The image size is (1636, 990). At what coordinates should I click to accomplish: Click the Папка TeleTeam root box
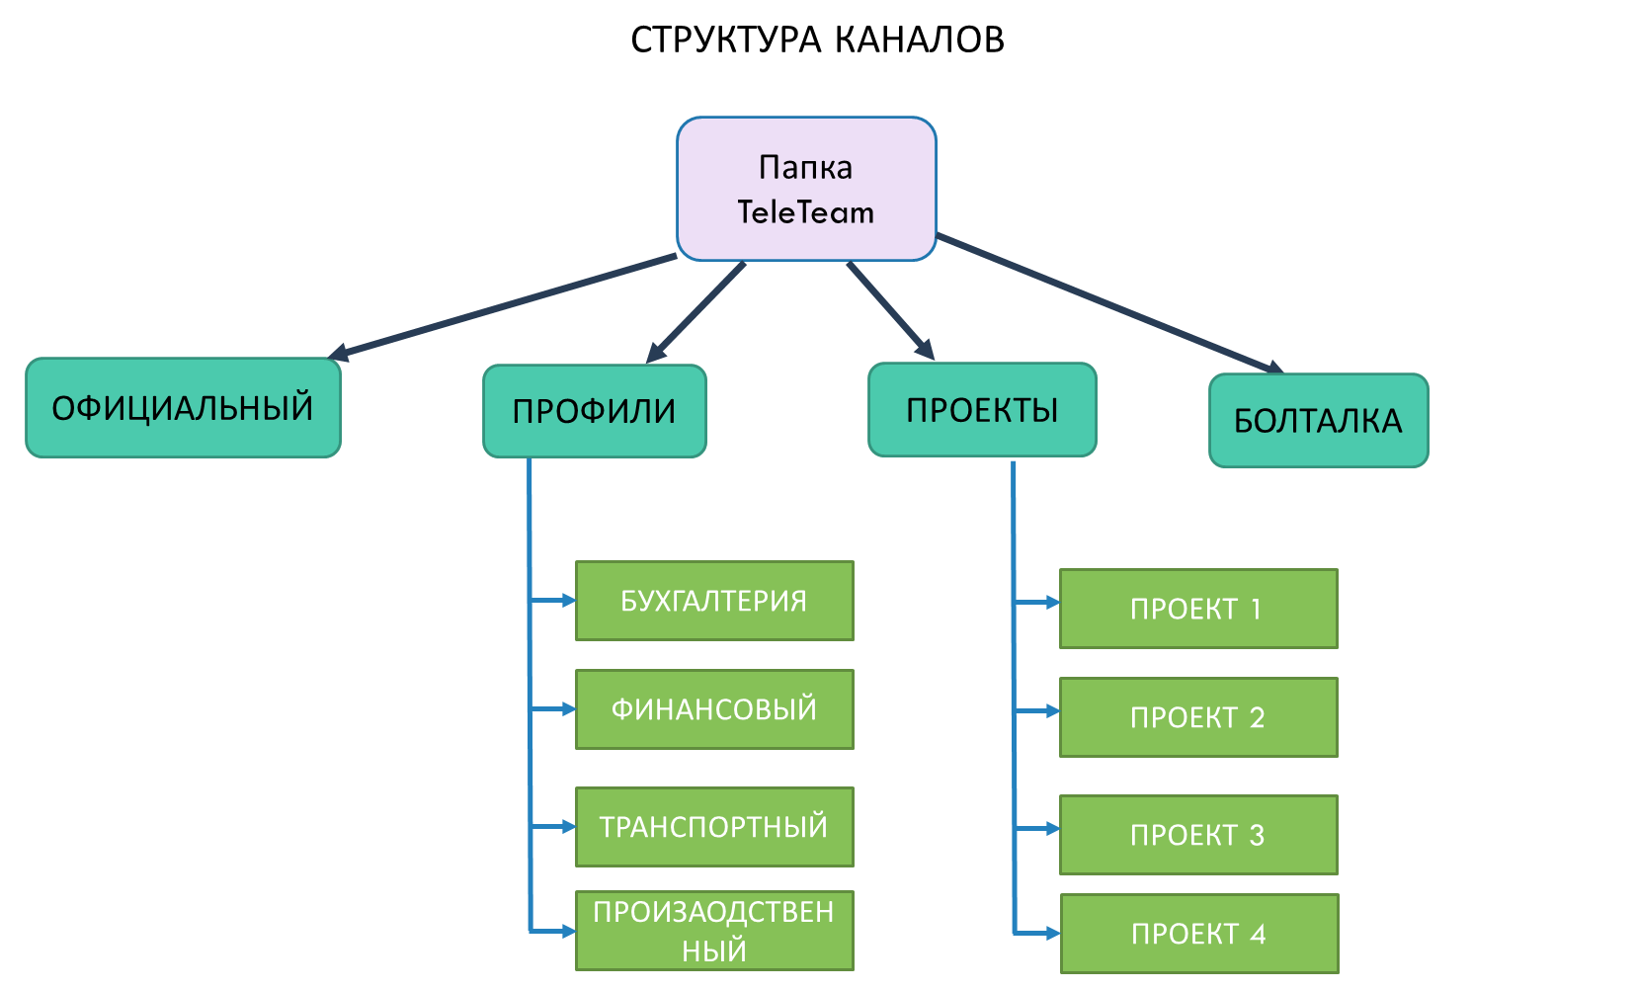(x=806, y=189)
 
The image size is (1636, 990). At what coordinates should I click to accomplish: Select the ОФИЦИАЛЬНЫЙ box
(x=183, y=408)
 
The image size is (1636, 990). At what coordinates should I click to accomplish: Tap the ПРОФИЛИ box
(x=594, y=411)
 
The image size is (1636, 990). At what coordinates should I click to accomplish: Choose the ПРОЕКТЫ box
(x=982, y=410)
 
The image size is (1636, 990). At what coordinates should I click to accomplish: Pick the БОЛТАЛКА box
(x=1318, y=421)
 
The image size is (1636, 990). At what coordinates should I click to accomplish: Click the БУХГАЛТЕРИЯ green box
(x=713, y=601)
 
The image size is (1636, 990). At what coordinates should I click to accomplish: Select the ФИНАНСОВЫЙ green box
(x=713, y=709)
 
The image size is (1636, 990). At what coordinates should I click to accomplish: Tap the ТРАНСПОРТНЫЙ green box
(x=713, y=827)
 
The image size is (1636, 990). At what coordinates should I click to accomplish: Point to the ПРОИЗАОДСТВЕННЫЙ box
(x=713, y=931)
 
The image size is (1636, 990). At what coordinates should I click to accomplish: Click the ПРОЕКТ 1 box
(x=1197, y=609)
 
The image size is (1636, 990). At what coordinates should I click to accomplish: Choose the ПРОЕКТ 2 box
(x=1197, y=717)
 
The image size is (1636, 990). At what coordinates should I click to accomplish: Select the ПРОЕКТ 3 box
(x=1197, y=835)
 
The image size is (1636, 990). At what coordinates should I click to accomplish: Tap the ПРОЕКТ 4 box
(x=1198, y=934)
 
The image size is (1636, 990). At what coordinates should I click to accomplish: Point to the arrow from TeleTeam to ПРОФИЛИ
(x=696, y=312)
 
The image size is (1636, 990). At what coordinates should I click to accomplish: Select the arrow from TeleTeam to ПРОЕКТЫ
(x=890, y=311)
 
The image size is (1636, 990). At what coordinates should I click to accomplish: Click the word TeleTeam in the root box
(x=805, y=212)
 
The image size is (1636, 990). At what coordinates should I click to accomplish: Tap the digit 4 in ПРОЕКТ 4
(x=1258, y=934)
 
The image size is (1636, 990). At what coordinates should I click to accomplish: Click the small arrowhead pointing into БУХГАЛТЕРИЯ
(x=568, y=600)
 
